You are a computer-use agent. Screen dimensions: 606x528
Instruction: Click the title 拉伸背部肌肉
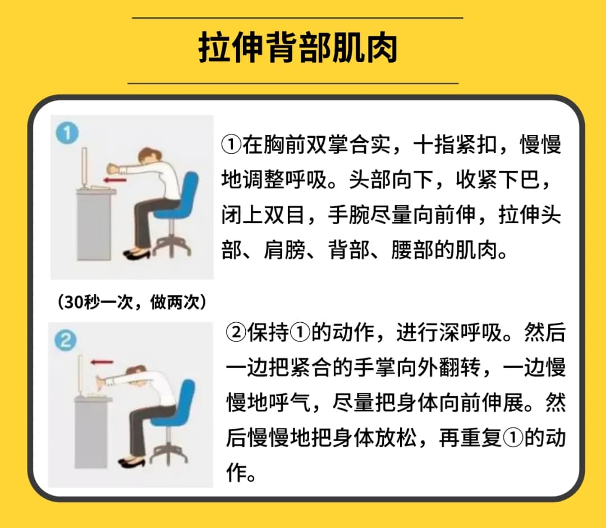coord(297,48)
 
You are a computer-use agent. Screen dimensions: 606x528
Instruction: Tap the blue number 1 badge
coord(67,133)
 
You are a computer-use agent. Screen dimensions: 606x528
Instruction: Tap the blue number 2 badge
coord(65,340)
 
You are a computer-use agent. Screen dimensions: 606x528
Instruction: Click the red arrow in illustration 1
coord(115,180)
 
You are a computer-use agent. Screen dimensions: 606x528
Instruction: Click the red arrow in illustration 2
coord(102,363)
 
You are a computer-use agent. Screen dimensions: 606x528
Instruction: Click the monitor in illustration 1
coord(84,168)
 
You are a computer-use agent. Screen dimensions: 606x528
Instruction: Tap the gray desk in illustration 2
coord(91,432)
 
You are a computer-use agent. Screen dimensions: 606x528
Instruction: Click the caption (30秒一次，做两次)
coord(132,302)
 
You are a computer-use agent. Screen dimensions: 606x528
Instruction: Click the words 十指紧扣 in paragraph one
coord(454,145)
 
